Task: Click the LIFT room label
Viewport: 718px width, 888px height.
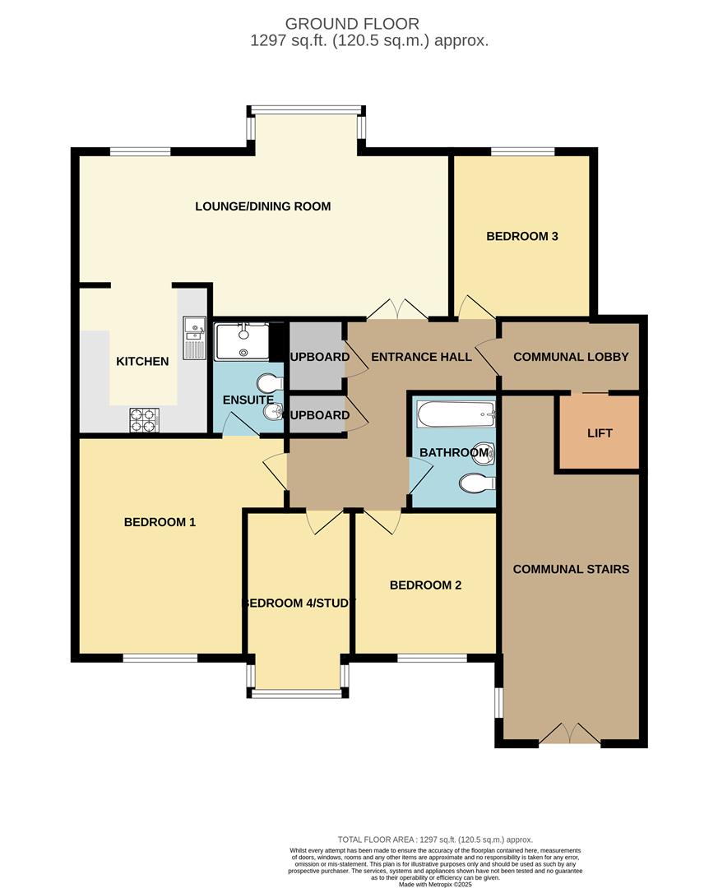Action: click(600, 433)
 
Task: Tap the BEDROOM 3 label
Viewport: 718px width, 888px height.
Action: click(522, 237)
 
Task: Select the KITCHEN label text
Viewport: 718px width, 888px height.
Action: click(142, 361)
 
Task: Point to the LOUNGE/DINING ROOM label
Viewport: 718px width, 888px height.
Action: click(262, 206)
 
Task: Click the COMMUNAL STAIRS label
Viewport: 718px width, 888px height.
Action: click(571, 569)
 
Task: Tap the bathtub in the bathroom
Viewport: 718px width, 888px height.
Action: click(455, 414)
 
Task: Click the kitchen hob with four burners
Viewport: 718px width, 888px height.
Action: click(142, 419)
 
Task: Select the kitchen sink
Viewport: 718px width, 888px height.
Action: click(194, 337)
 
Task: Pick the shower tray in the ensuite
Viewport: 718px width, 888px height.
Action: click(241, 341)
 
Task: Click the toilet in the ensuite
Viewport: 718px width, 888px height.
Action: click(269, 383)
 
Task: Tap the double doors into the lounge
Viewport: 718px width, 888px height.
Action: click(396, 310)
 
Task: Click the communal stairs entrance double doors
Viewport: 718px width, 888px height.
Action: click(571, 733)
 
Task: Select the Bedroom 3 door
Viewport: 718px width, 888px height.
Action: click(475, 308)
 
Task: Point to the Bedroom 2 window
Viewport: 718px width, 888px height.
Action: click(431, 657)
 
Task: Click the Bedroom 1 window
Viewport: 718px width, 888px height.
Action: click(160, 657)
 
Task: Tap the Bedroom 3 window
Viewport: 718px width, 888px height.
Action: click(522, 151)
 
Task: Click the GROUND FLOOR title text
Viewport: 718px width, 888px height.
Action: click(352, 24)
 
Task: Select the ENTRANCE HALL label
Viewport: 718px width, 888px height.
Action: click(421, 357)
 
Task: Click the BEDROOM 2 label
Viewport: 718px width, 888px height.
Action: click(425, 585)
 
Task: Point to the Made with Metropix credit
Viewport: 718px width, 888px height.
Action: click(436, 884)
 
